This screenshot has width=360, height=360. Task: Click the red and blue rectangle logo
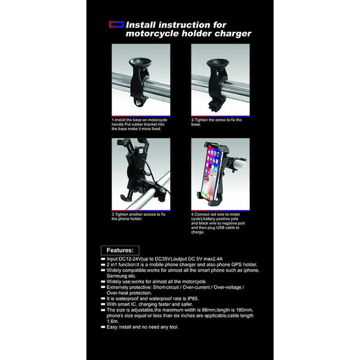point(115,25)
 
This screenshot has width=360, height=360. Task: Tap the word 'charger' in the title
point(232,34)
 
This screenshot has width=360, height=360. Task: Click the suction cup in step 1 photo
point(140,64)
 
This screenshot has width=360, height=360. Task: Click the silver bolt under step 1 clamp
point(139,103)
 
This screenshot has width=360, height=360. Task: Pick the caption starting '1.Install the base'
point(139,123)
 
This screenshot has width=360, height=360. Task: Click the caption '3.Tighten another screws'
point(139,217)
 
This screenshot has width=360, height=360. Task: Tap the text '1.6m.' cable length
point(113,320)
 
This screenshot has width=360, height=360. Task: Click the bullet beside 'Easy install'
point(103,326)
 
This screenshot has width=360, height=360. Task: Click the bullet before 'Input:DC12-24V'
point(103,258)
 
